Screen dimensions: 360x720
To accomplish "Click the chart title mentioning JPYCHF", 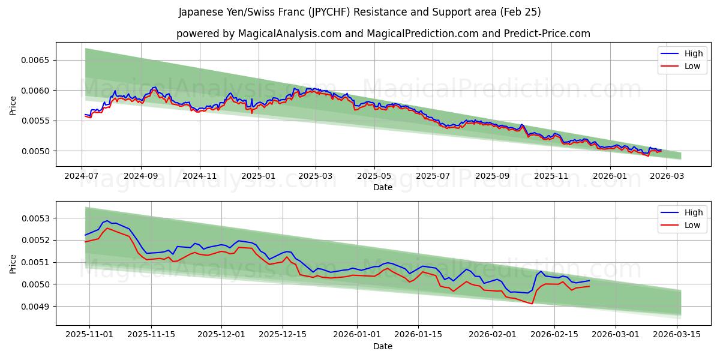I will pos(359,12).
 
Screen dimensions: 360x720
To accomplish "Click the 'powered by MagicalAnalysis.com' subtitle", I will pos(383,34).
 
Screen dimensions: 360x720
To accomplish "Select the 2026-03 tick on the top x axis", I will pos(667,177).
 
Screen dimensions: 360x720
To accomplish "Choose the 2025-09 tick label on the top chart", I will pos(492,177).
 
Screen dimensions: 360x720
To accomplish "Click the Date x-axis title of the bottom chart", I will pos(383,346).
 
